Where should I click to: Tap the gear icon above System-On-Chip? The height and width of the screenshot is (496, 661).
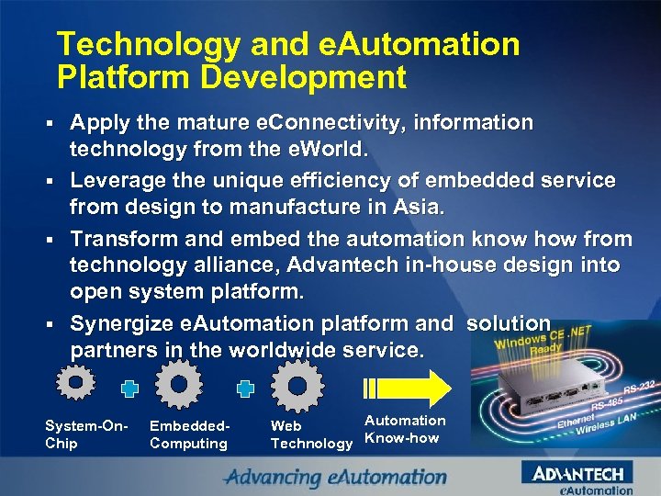76,382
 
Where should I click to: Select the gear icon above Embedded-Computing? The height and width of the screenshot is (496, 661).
180,383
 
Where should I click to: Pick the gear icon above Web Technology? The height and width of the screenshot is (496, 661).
297,383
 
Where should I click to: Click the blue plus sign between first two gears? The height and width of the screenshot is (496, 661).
130,389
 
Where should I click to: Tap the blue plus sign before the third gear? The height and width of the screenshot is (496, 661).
245,389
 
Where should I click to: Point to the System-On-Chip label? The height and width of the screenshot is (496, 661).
85,434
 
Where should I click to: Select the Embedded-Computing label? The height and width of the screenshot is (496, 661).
189,434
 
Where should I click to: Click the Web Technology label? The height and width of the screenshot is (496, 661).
310,434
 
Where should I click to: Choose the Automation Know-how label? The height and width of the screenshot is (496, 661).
404,429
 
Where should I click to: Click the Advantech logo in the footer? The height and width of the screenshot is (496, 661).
577,474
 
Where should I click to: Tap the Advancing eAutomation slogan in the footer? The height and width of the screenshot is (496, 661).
336,477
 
